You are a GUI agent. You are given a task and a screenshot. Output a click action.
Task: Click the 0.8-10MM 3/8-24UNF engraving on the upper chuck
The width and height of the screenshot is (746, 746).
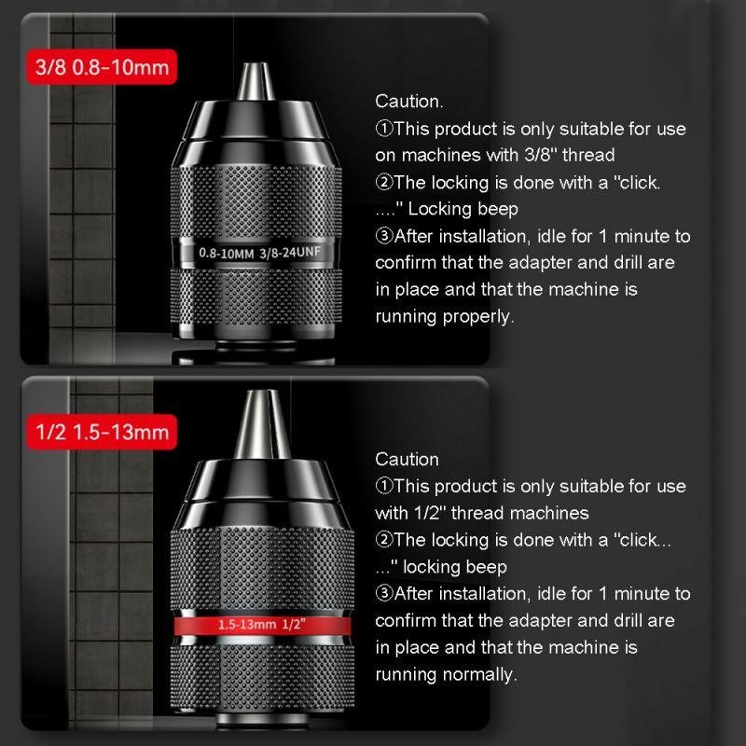pyautogui.click(x=257, y=252)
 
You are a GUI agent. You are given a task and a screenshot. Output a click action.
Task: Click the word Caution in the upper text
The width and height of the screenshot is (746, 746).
pyautogui.click(x=408, y=101)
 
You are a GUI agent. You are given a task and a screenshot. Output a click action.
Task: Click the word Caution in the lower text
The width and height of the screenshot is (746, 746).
pyautogui.click(x=407, y=459)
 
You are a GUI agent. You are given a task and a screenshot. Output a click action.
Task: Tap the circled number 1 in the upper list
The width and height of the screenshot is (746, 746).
pyautogui.click(x=384, y=128)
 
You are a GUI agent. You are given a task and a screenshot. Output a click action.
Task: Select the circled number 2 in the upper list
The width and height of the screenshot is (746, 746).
pyautogui.click(x=384, y=182)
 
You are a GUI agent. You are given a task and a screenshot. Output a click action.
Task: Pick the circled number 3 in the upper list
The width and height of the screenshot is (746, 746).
pyautogui.click(x=384, y=236)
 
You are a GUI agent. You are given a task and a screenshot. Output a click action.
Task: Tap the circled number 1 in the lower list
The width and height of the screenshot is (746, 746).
pyautogui.click(x=384, y=486)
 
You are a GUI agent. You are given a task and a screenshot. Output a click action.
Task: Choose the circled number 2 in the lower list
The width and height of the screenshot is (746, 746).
pyautogui.click(x=384, y=540)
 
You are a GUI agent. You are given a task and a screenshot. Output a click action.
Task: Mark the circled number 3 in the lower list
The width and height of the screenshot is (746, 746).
pyautogui.click(x=384, y=594)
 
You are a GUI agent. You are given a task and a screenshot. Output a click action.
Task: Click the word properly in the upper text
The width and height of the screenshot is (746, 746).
pyautogui.click(x=480, y=317)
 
